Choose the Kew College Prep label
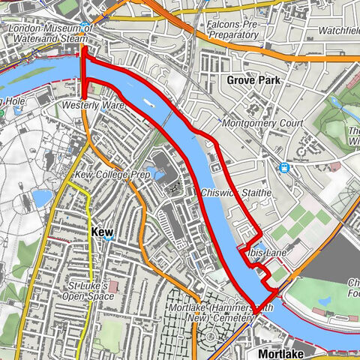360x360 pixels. click(x=112, y=174)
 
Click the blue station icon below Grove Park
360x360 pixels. click(x=284, y=168)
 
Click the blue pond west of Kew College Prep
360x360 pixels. click(x=42, y=198)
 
